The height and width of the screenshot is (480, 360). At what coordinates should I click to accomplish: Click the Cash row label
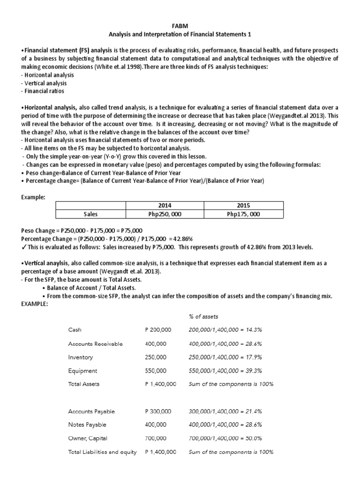(x=75, y=330)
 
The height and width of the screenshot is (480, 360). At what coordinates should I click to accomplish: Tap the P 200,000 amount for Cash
(x=158, y=330)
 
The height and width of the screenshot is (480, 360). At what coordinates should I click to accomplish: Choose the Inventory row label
(x=81, y=357)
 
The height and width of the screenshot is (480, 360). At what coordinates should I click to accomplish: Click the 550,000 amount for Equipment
(x=156, y=371)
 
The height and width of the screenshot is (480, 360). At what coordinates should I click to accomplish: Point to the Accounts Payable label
(x=91, y=412)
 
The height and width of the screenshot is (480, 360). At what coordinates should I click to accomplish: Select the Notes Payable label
(x=87, y=425)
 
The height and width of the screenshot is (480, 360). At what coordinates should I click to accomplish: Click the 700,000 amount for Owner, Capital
(x=156, y=439)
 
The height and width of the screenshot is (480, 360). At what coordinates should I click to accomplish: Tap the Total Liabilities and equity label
(x=102, y=452)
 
